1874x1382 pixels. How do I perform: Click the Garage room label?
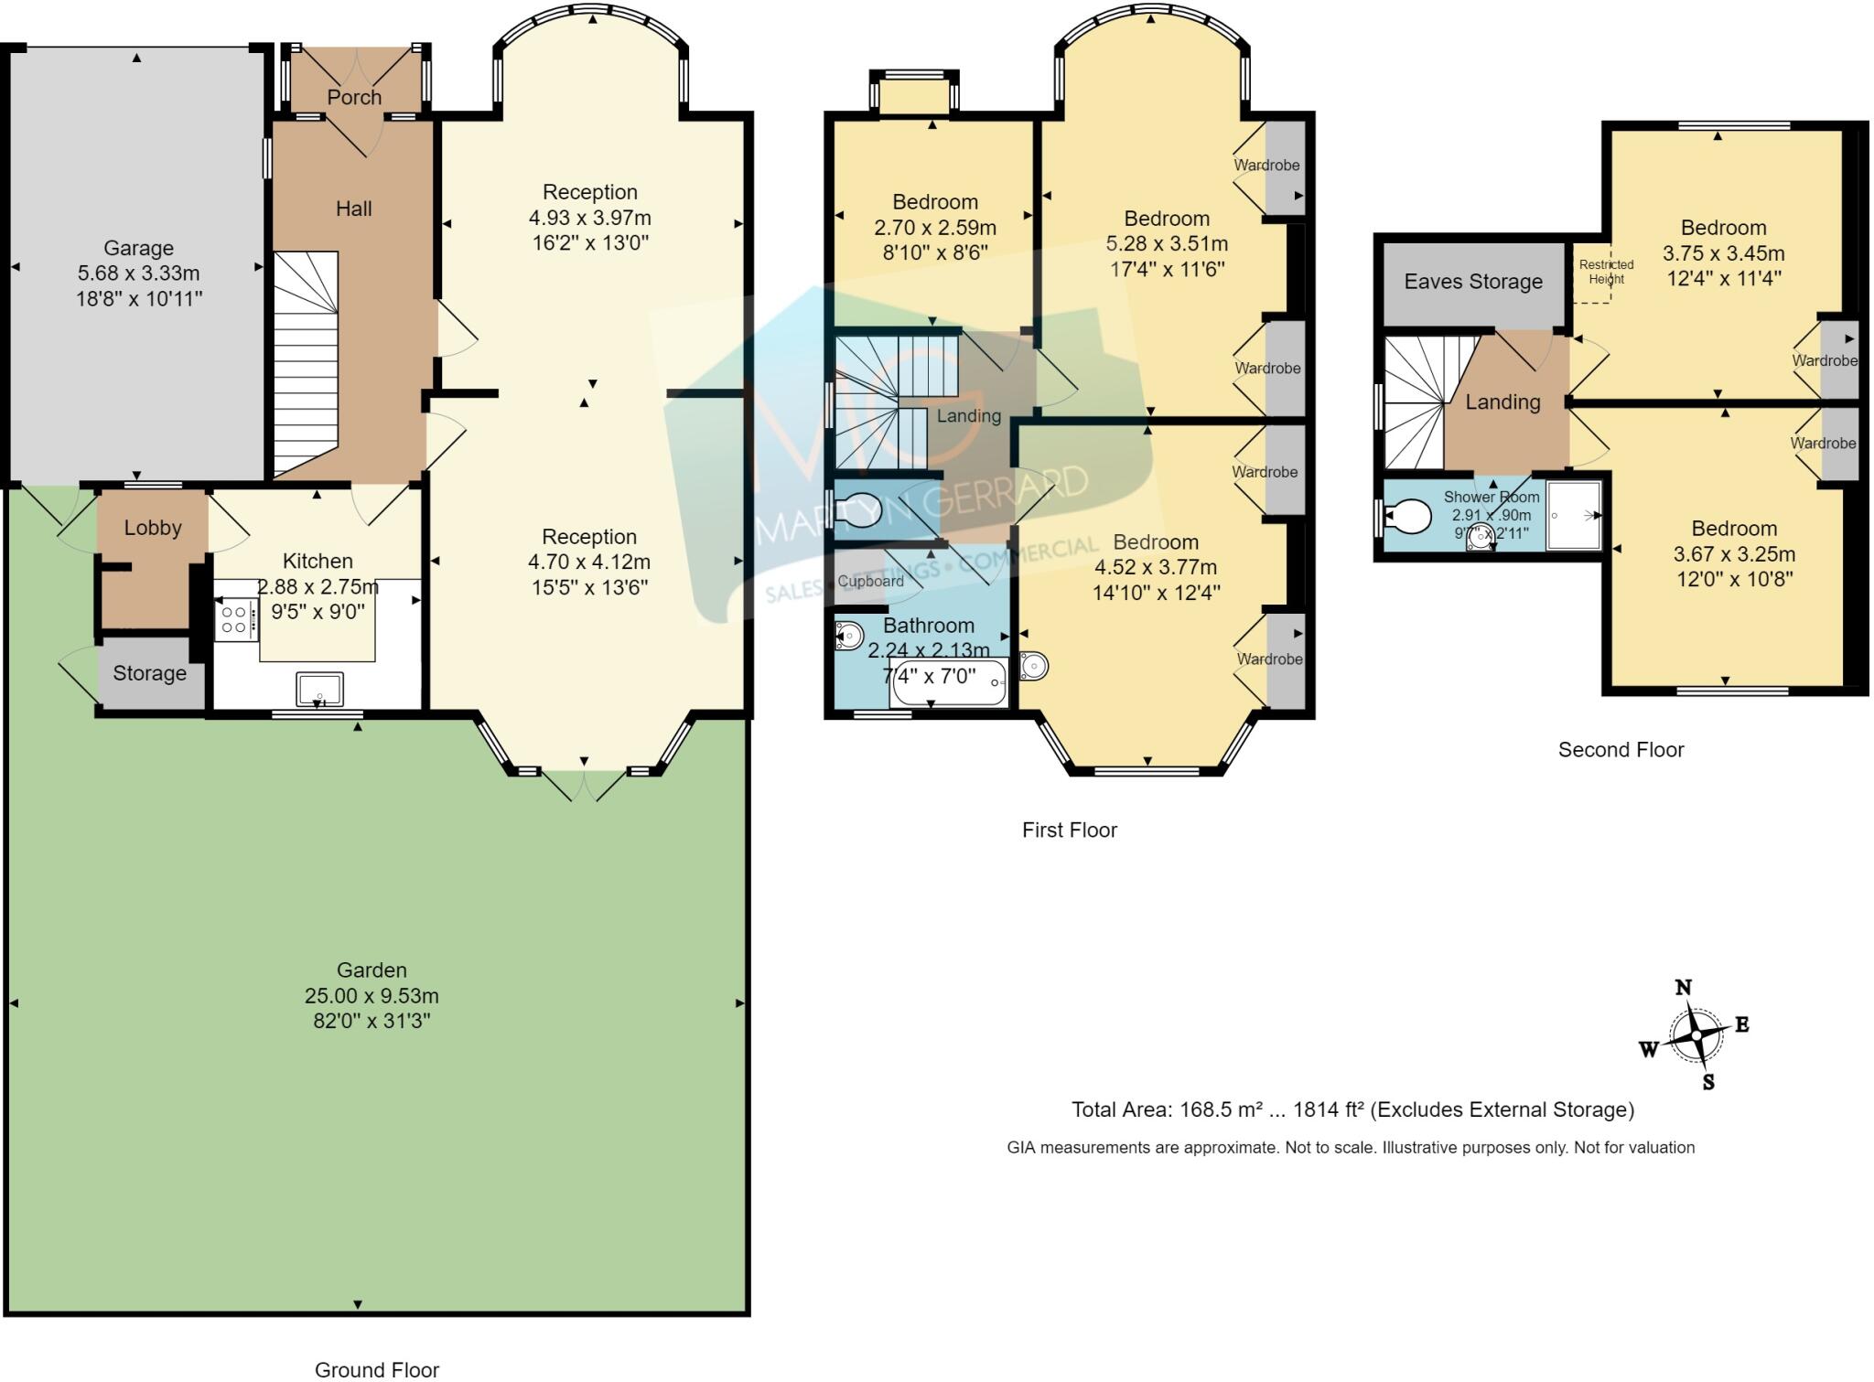(x=138, y=248)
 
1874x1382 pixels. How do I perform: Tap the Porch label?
(x=354, y=97)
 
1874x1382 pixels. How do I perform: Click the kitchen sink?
(x=319, y=689)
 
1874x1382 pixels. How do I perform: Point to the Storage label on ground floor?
(x=149, y=674)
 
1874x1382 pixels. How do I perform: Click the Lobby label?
(x=153, y=528)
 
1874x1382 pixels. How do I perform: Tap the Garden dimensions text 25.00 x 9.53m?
(x=372, y=995)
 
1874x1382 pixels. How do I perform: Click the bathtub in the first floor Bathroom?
(x=949, y=683)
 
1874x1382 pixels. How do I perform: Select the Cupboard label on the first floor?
(x=870, y=581)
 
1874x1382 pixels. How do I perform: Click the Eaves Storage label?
(x=1473, y=282)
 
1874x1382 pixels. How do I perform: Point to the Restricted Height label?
(x=1606, y=272)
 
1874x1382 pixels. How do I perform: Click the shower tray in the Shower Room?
(x=1574, y=516)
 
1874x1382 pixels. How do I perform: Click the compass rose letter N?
(x=1683, y=988)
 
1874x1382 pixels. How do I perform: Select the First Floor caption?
(x=1070, y=830)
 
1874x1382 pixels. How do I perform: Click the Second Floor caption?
(x=1621, y=750)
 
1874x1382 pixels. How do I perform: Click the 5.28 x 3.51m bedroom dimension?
(x=1167, y=244)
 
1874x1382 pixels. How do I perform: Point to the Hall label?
(x=354, y=209)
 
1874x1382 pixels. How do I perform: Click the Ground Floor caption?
(x=377, y=1369)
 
